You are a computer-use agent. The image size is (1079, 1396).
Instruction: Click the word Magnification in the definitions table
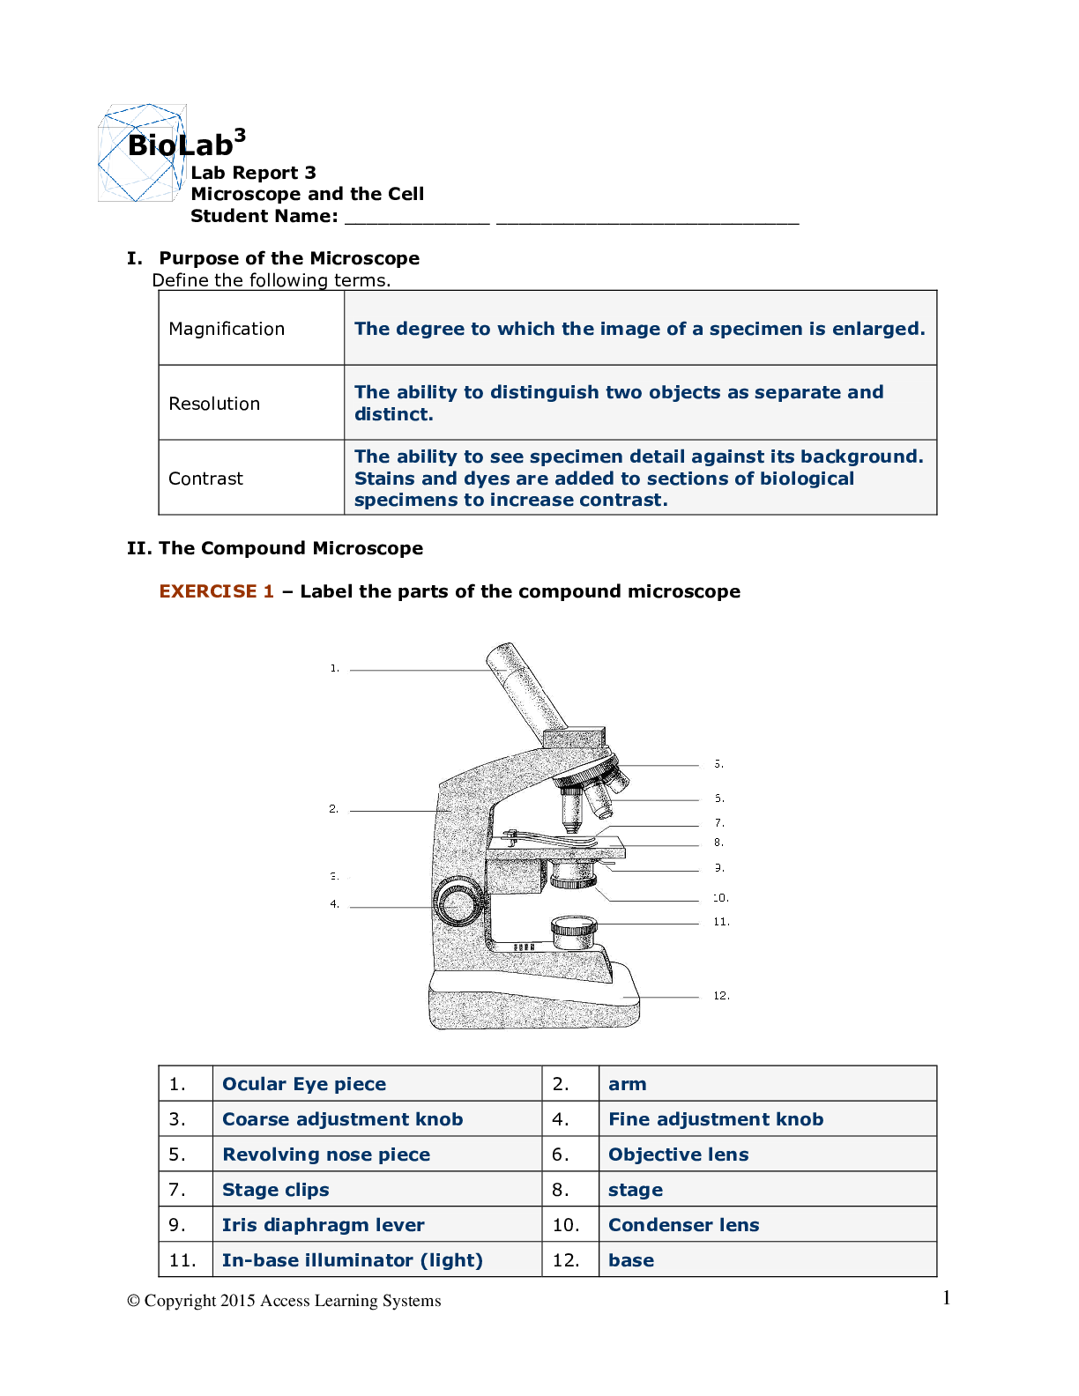[x=227, y=329]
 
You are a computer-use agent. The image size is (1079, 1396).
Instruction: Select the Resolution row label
[x=214, y=404]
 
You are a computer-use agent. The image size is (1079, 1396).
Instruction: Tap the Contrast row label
[x=205, y=479]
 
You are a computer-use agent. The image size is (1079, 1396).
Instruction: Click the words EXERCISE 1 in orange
[x=216, y=591]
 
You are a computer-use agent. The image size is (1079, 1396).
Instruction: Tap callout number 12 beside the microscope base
[x=720, y=996]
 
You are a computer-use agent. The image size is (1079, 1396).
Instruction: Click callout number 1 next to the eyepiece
[x=334, y=668]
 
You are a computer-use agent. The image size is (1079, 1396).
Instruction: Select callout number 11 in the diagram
[x=720, y=922]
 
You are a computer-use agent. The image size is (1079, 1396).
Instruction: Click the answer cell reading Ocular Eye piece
[x=304, y=1084]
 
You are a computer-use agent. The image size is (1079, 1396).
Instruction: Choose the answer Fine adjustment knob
[x=716, y=1119]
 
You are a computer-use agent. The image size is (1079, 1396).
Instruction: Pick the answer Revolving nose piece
[x=326, y=1155]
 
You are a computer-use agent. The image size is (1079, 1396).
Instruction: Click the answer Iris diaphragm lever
[x=323, y=1225]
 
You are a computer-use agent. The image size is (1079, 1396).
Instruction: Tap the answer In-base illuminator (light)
[x=352, y=1260]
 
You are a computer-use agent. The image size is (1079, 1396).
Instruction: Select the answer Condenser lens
[x=683, y=1225]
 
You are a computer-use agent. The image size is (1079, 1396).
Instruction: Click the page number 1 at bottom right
[x=946, y=1297]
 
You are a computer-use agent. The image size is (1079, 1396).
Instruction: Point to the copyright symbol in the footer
[x=133, y=1301]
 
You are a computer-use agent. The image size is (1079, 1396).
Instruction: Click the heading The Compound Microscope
[x=290, y=548]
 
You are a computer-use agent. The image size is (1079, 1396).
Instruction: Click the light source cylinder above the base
[x=574, y=932]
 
